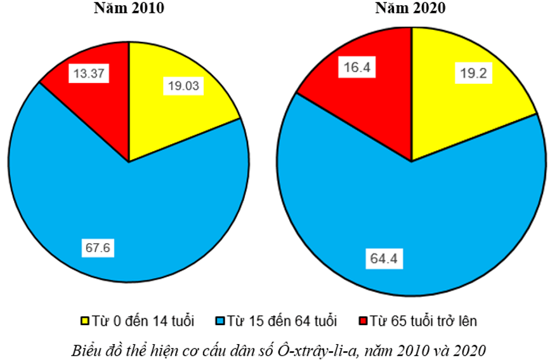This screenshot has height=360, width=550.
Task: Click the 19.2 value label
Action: pyautogui.click(x=473, y=73)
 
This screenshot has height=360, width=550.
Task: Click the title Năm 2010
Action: pyautogui.click(x=129, y=8)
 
